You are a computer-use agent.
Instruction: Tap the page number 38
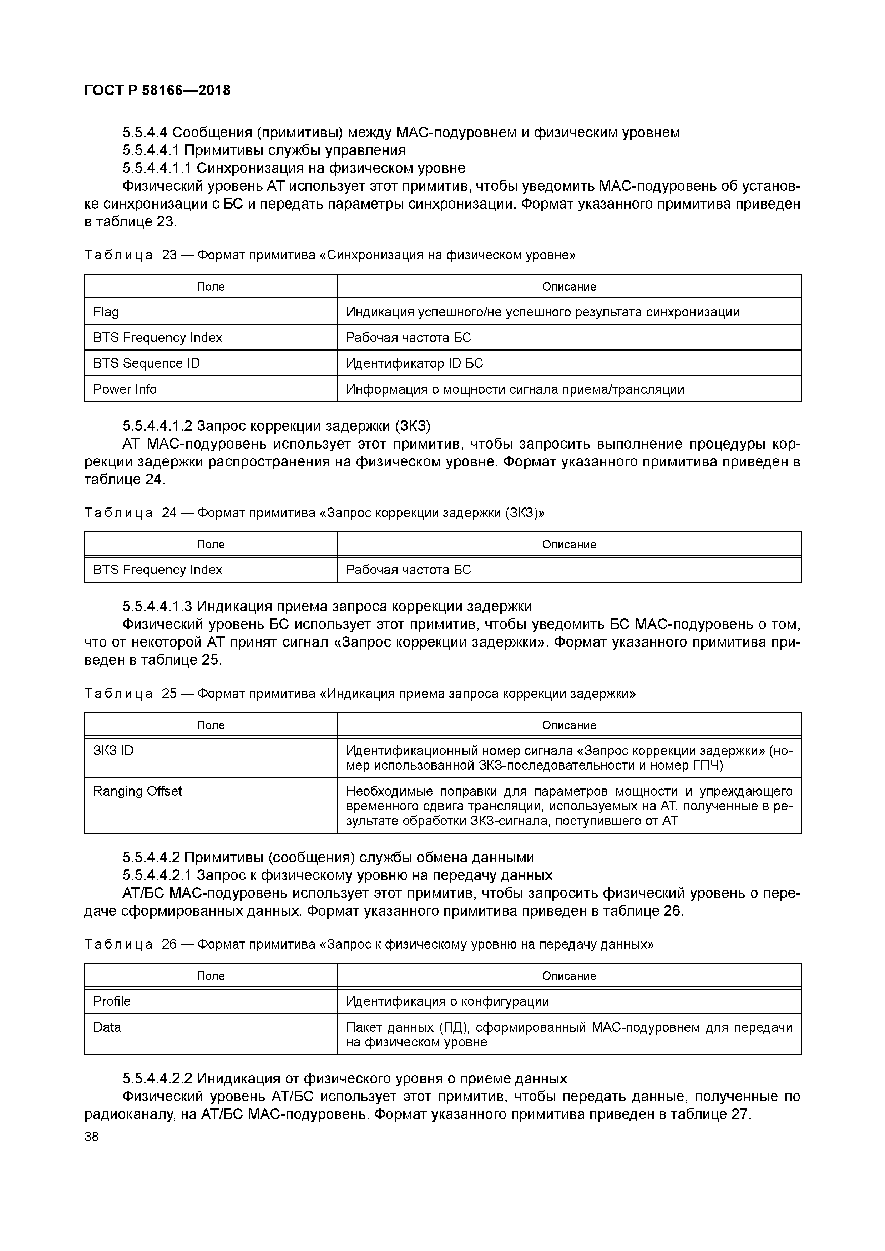point(92,1137)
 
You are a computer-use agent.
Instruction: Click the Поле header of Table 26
point(211,976)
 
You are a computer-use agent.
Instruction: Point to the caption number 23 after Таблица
point(170,255)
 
